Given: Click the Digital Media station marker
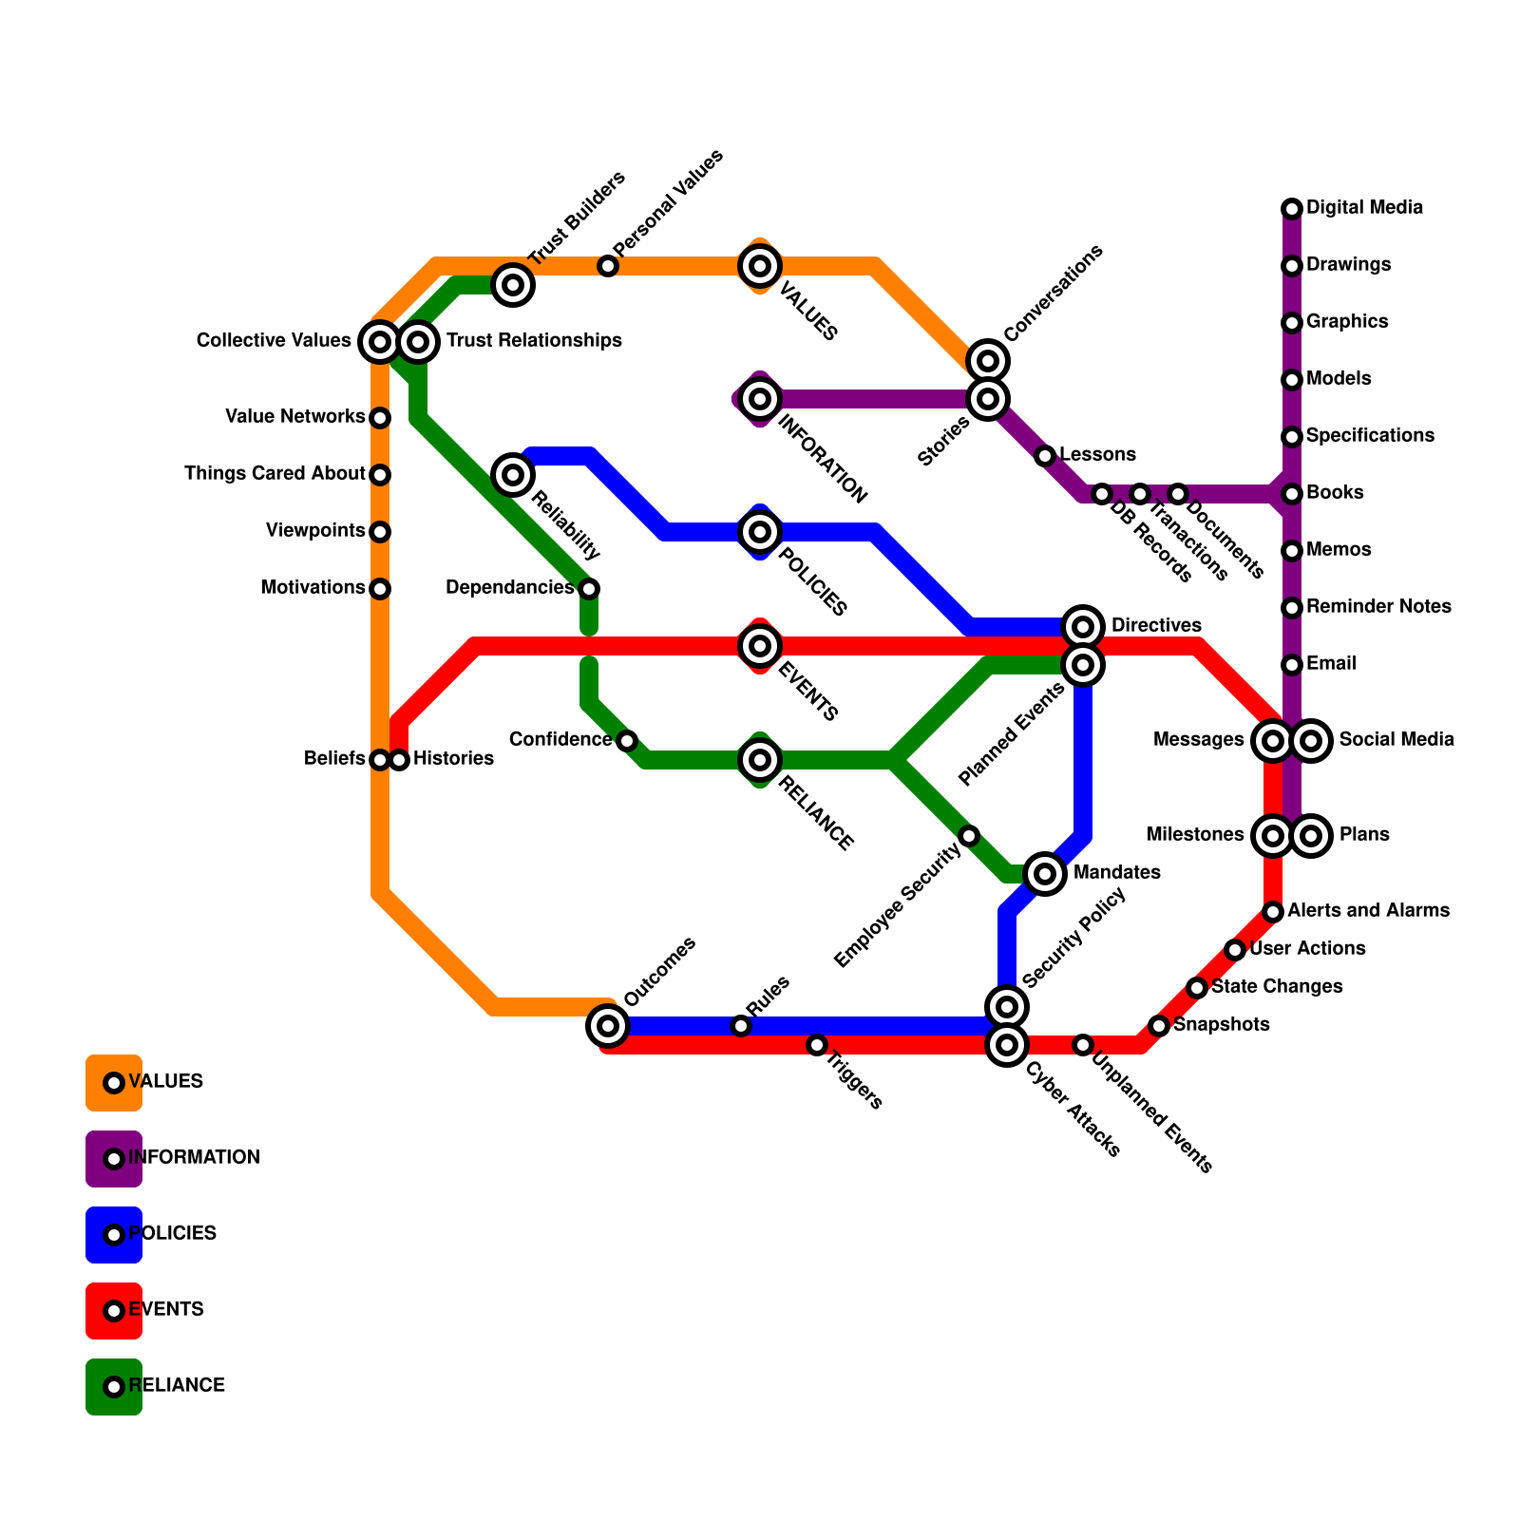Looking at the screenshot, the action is coord(1292,209).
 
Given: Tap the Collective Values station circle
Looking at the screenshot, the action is coord(380,342).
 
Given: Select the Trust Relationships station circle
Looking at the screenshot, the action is coord(418,342).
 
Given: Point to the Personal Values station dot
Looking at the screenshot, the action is coord(608,266).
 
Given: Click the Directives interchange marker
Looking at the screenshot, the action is coord(1083,627).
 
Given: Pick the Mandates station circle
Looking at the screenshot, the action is coord(1045,874).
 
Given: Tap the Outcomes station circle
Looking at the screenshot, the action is coord(608,1026).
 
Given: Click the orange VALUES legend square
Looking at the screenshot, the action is coord(114,1083).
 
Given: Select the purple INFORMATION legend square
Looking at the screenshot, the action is coord(114,1159).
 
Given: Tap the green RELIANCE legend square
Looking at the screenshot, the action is coord(114,1387).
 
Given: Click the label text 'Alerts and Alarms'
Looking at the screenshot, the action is coord(1368,911).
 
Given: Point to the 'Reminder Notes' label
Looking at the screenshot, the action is coord(1378,607).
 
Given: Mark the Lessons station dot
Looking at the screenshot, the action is coord(1045,456).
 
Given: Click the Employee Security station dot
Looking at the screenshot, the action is coord(969,836).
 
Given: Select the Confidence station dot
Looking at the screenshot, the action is coord(627,741).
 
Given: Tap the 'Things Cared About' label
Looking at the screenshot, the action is coord(275,474).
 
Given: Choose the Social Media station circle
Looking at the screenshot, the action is coord(1311,741).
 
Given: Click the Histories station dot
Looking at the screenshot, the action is coord(400,760).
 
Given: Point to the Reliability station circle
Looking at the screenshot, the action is coord(513,474).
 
